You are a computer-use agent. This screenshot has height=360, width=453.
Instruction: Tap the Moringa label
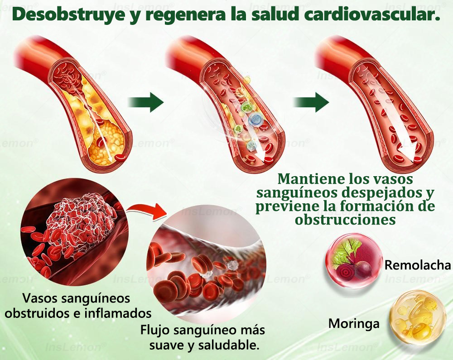[x=354, y=323]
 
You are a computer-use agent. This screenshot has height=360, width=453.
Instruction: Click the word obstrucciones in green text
[x=345, y=220]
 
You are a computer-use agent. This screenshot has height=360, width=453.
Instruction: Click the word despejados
[x=381, y=193]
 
